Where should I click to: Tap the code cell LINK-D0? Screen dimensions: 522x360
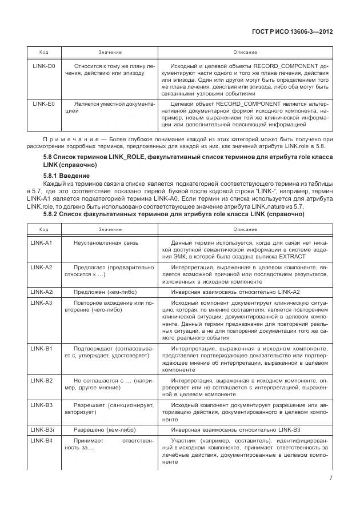(43, 66)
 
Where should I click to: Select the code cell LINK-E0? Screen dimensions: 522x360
(43, 104)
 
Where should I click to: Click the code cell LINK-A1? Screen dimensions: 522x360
(41, 243)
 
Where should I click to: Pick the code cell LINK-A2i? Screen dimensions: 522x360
(42, 292)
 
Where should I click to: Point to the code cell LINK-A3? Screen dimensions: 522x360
(41, 302)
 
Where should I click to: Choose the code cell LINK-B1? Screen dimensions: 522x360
(41, 348)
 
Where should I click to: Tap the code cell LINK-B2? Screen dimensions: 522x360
(41, 380)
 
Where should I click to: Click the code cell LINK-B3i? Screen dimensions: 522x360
(42, 429)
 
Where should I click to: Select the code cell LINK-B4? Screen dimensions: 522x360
(41, 440)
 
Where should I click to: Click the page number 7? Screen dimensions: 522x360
(331, 478)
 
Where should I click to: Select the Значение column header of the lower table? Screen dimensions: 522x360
(110, 229)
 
